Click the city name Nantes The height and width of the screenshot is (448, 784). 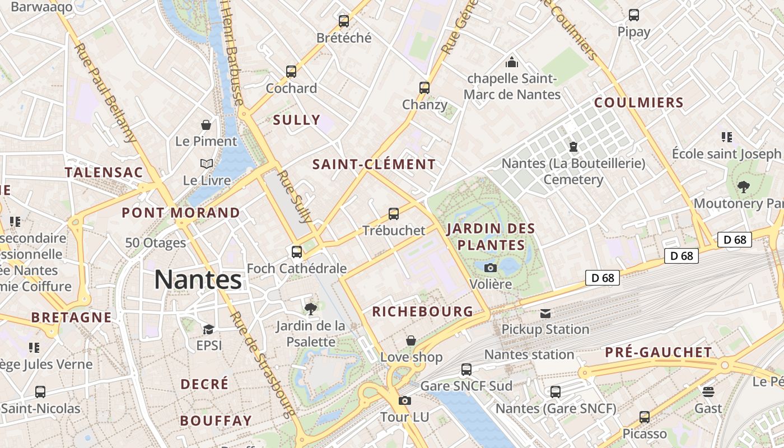pos(198,279)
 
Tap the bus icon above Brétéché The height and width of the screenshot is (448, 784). pos(344,21)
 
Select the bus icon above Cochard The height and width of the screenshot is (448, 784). pos(291,72)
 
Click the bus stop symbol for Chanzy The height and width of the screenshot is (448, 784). pos(424,88)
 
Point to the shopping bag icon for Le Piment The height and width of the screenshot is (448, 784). pos(206,124)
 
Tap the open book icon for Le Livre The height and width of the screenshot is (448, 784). pos(207,164)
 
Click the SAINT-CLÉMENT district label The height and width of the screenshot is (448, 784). pos(374,165)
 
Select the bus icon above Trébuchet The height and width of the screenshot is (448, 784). pos(394,214)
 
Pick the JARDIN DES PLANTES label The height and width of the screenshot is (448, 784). pos(491,237)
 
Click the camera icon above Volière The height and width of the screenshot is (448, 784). pos(491,268)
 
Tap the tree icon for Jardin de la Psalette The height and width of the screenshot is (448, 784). pos(310,309)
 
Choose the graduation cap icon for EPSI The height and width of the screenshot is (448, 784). pos(208,329)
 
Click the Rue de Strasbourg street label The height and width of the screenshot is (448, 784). pos(262,365)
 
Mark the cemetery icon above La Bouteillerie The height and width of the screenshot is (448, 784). pos(573,147)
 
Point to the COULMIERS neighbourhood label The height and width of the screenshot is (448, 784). pos(639,103)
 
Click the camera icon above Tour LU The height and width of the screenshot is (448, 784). pos(404,400)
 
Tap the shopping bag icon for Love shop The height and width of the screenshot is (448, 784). pos(411,340)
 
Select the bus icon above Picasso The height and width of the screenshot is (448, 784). pos(645,417)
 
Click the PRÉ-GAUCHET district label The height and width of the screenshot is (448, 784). pos(659,353)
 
